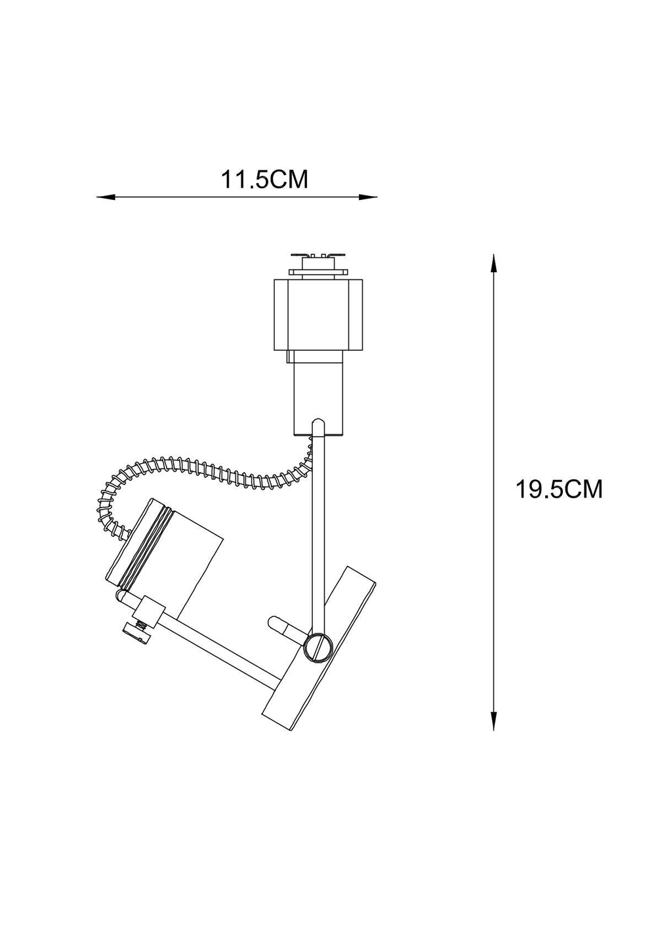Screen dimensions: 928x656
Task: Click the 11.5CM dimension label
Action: (264, 179)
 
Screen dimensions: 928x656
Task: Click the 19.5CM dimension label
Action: (558, 489)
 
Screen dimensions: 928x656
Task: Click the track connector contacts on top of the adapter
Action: (318, 256)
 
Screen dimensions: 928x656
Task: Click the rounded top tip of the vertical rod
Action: (318, 423)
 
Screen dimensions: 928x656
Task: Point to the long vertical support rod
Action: (318, 525)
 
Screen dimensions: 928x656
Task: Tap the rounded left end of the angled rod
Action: (121, 595)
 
